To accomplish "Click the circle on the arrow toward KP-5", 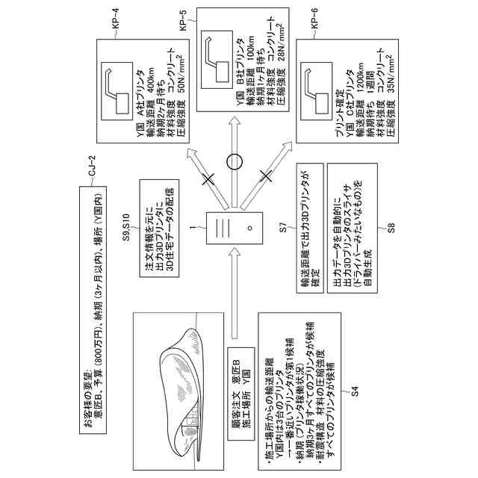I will (x=235, y=161).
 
